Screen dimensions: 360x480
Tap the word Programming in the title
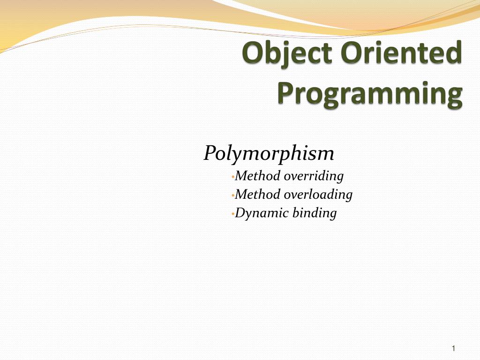point(369,94)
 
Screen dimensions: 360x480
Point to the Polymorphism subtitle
point(269,153)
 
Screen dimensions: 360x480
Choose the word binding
point(315,213)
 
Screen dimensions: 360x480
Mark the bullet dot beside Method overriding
point(232,177)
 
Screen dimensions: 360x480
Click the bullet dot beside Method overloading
point(232,195)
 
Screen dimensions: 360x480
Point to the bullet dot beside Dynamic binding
point(232,214)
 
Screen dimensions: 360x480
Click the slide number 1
point(454,348)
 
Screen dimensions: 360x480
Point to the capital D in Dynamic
point(240,213)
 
